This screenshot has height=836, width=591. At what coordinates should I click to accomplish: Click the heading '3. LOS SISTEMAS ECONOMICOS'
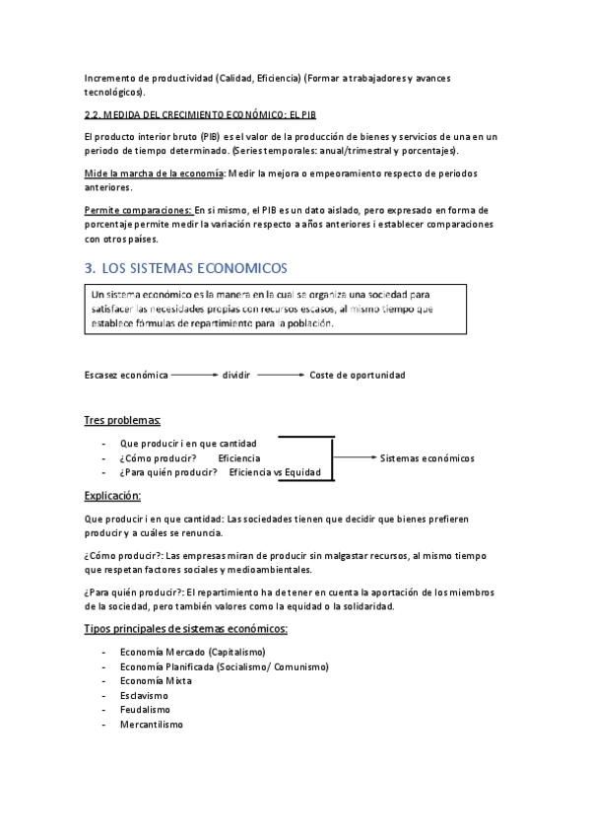click(185, 268)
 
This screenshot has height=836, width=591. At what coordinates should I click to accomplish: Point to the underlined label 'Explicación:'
click(113, 495)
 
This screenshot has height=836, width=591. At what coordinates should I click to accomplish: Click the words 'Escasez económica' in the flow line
click(126, 376)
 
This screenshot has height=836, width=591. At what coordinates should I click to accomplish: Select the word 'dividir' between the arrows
click(236, 376)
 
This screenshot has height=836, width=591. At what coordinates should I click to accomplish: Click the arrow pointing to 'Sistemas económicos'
click(356, 457)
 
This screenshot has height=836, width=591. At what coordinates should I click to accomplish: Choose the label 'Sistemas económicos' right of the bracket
click(427, 458)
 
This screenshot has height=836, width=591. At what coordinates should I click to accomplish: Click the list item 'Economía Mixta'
click(156, 680)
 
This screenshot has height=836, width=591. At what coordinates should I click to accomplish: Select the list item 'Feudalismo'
click(145, 710)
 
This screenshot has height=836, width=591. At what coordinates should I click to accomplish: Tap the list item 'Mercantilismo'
click(151, 725)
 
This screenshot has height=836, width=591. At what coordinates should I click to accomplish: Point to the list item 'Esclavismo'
click(145, 695)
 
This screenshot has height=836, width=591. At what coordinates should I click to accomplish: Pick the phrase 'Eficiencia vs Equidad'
click(275, 473)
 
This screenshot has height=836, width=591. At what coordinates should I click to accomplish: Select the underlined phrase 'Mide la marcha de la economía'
click(155, 174)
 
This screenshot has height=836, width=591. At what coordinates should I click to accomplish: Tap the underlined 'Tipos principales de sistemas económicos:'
click(186, 628)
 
